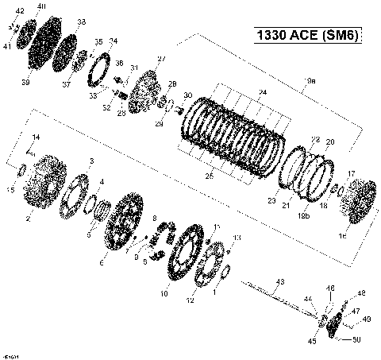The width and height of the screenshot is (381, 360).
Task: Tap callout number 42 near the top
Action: click(x=20, y=10)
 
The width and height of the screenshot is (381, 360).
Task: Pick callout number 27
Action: click(x=161, y=60)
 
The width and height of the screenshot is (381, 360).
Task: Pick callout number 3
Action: click(x=92, y=161)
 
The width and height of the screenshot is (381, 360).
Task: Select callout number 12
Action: click(x=190, y=300)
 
